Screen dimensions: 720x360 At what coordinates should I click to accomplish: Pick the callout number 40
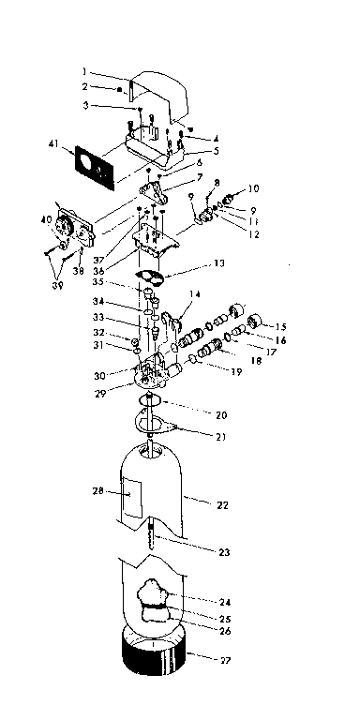[46, 222]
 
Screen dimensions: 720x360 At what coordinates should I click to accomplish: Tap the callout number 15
[280, 326]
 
